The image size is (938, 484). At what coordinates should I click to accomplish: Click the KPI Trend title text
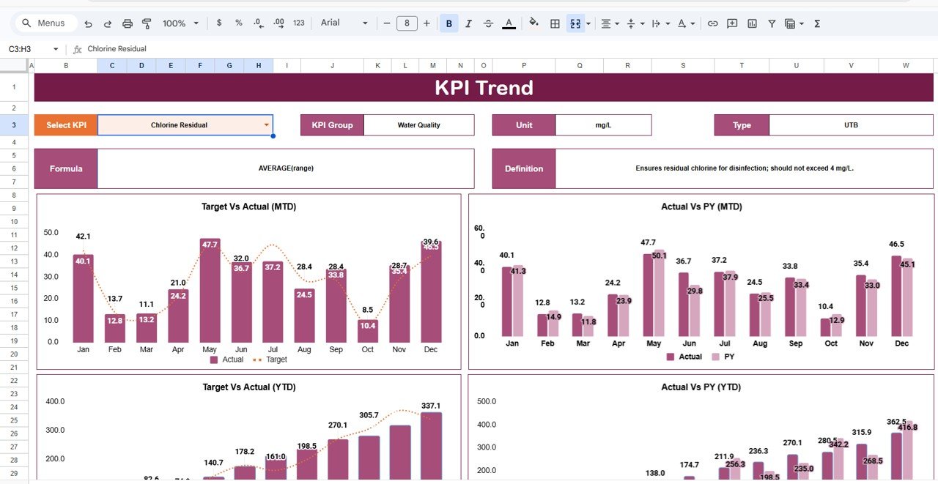(x=484, y=88)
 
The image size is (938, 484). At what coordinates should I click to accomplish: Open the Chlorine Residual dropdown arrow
(x=266, y=125)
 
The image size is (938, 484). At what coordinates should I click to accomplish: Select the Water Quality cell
(x=418, y=125)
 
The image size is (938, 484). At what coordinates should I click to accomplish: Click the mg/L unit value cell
(x=603, y=125)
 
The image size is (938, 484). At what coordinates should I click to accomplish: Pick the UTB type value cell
(x=851, y=125)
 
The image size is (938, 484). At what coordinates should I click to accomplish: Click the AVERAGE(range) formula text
(x=286, y=168)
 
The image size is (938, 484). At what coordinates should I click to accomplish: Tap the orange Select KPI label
(x=66, y=125)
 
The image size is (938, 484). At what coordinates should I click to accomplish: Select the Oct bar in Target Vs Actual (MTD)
(x=368, y=331)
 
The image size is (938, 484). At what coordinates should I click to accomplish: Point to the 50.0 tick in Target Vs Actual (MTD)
(x=51, y=233)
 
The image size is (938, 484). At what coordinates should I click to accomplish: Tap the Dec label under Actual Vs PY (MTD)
(x=901, y=343)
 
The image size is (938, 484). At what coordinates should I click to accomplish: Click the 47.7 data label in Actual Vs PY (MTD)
(x=648, y=242)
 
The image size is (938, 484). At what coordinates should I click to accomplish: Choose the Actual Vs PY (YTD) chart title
(x=701, y=387)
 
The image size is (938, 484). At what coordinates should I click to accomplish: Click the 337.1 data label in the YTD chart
(x=431, y=406)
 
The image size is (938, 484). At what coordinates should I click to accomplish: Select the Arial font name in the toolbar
(x=331, y=23)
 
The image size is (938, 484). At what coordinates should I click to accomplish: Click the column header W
(x=906, y=66)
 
